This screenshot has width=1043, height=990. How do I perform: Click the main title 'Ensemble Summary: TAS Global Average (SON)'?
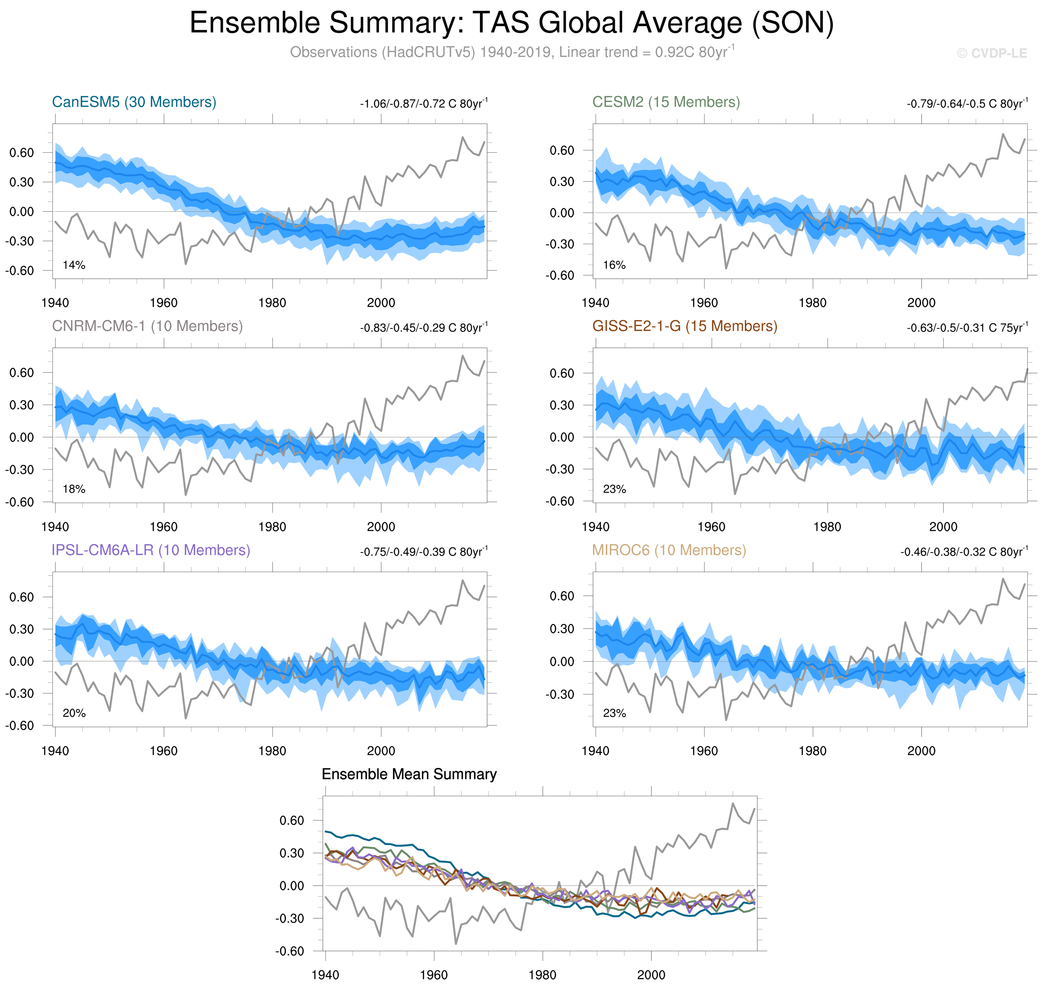point(511,23)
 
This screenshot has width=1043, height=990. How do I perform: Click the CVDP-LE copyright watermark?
point(992,53)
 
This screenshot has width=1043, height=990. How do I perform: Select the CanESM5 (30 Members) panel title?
point(134,102)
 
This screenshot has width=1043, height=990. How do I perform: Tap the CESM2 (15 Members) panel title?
point(666,102)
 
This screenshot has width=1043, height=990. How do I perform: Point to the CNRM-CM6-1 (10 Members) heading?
point(147,326)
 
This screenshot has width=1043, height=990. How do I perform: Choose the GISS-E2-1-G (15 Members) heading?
point(684,326)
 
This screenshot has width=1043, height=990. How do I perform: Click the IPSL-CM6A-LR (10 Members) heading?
point(151,550)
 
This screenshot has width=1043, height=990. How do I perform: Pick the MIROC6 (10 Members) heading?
point(669,550)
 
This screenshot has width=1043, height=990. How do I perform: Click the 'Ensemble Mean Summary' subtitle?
point(409,774)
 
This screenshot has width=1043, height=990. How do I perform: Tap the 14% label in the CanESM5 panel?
point(74,265)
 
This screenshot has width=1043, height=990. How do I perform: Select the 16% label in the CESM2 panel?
point(614,265)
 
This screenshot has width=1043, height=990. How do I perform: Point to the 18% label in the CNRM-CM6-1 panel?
point(74,489)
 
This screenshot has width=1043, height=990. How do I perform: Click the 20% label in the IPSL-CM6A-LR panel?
point(74,713)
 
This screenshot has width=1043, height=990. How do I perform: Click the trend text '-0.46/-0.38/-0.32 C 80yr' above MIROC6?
point(964,552)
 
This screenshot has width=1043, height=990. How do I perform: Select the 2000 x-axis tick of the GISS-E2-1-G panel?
point(943,527)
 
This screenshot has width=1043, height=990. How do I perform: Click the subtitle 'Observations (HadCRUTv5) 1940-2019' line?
point(511,52)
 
